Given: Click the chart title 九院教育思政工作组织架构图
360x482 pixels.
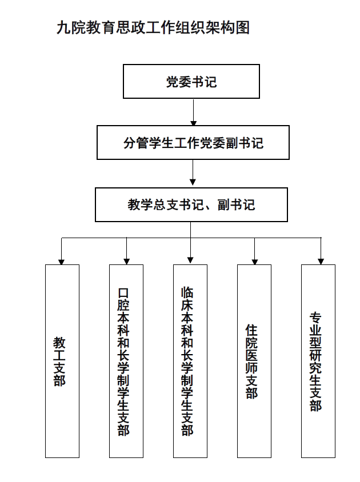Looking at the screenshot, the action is click(153, 27).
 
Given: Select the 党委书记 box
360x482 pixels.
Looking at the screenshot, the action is click(191, 82).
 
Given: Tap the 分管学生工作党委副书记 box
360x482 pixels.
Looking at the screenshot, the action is click(193, 142).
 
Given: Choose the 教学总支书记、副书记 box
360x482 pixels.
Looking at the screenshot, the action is click(191, 204).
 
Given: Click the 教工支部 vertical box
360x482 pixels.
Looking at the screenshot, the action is click(62, 361).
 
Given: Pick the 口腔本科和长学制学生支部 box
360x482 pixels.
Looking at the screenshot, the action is click(126, 361).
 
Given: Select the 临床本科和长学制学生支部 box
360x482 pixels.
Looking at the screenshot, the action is click(190, 361).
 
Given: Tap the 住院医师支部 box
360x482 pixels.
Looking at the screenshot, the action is click(254, 361).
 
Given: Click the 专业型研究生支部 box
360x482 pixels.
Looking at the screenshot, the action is click(318, 361).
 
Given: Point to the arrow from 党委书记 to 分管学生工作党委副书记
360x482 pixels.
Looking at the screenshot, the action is click(193, 112).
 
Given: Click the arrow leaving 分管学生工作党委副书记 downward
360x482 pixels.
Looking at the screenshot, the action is click(193, 172).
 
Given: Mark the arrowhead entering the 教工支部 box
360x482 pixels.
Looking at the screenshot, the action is click(61, 262).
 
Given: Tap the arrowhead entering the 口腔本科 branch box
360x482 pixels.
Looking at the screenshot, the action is click(126, 262).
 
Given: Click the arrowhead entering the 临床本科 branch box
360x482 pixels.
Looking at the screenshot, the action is click(190, 260).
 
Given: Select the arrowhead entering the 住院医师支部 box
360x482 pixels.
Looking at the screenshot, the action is click(254, 262).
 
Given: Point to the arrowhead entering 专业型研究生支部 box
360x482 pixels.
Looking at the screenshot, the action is click(321, 262).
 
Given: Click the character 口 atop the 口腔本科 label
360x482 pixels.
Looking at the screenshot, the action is click(123, 293).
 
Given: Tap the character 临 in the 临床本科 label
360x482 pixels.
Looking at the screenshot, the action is click(187, 293).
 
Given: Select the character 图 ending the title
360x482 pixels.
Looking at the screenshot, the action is click(242, 27).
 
